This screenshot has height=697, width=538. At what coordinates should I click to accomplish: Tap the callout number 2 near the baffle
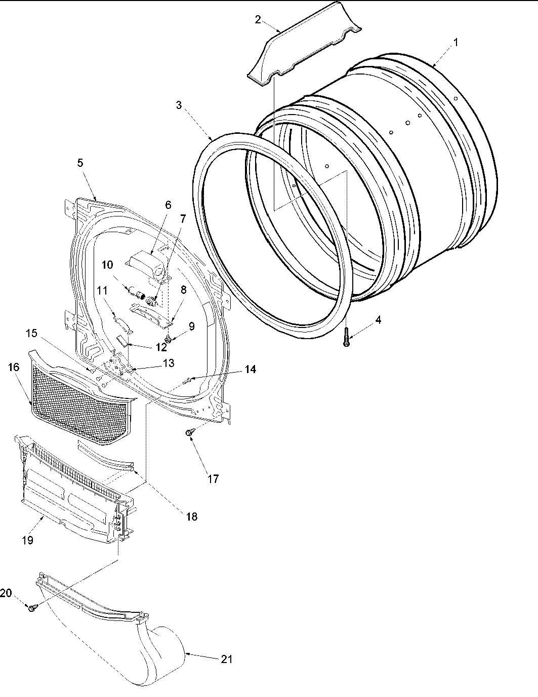pyautogui.click(x=258, y=20)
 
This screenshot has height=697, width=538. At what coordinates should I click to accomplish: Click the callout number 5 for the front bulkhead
pyautogui.click(x=80, y=163)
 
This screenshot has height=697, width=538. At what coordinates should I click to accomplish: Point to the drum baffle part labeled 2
pyautogui.click(x=304, y=51)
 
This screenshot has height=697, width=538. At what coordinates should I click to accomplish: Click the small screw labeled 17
pyautogui.click(x=189, y=432)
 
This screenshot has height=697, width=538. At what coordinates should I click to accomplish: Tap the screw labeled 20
pyautogui.click(x=32, y=607)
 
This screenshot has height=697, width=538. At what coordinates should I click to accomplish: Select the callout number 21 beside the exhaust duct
pyautogui.click(x=227, y=659)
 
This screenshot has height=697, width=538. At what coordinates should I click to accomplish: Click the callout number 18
pyautogui.click(x=191, y=517)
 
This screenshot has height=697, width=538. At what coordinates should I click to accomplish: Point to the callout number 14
pyautogui.click(x=250, y=370)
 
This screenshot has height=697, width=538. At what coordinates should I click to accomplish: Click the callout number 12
pyautogui.click(x=161, y=348)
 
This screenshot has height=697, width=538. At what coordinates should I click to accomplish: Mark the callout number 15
pyautogui.click(x=31, y=334)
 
